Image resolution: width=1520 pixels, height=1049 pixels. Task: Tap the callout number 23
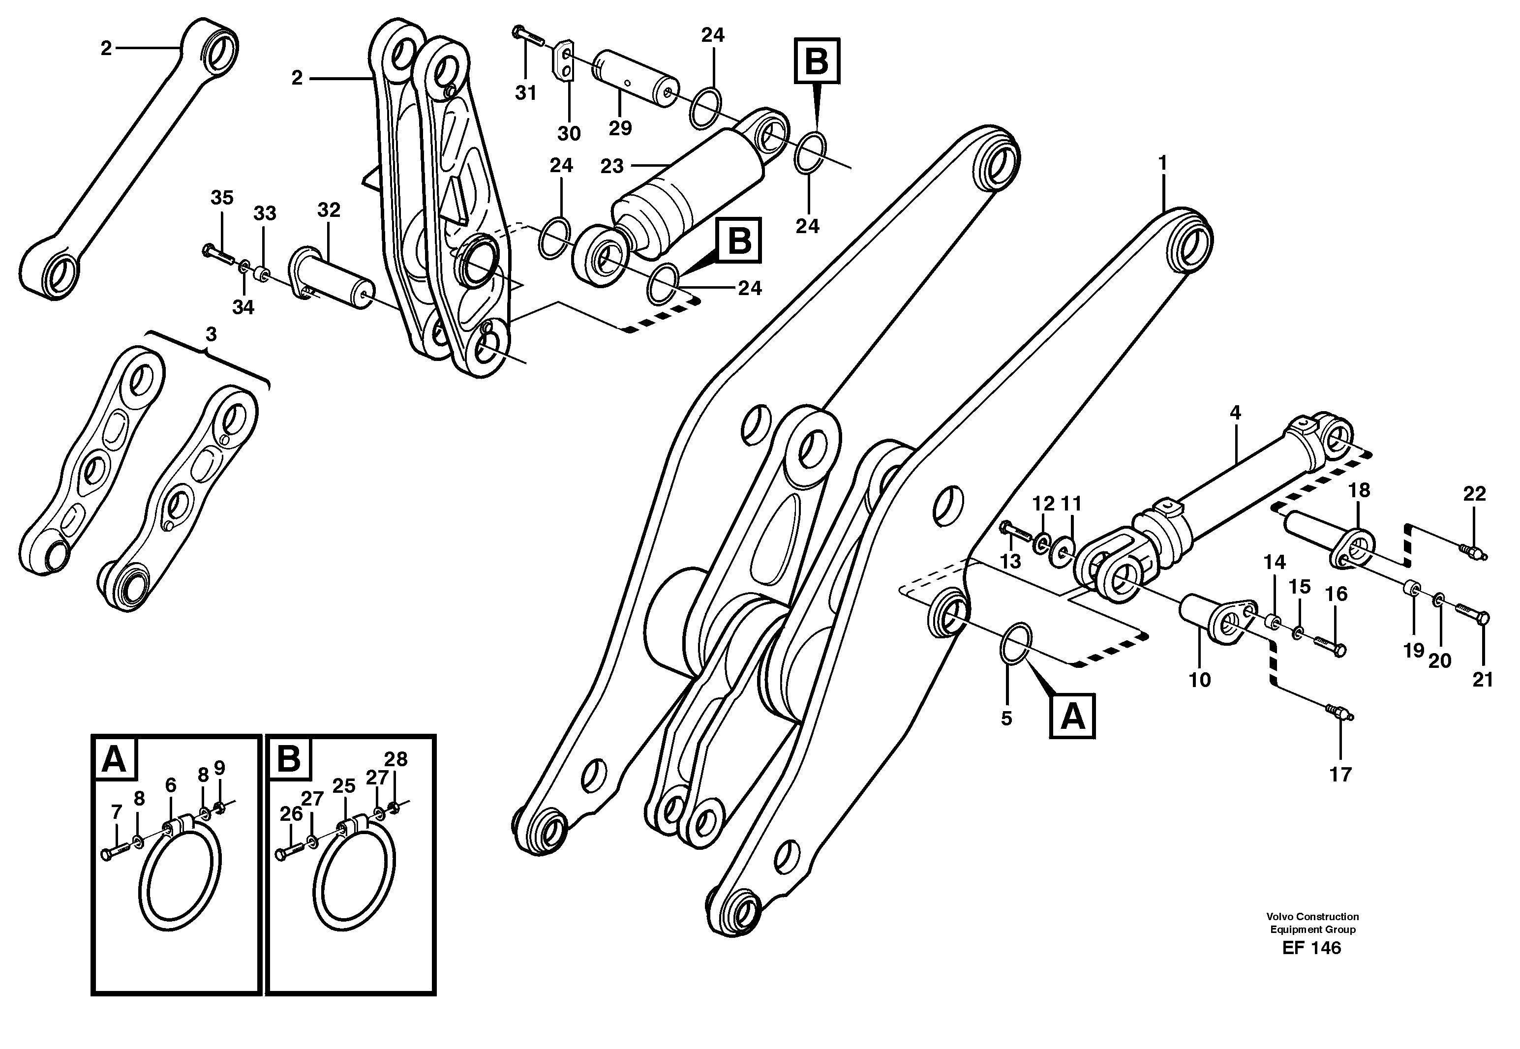click(611, 166)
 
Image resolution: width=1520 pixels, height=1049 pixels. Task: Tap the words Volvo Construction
click(1313, 916)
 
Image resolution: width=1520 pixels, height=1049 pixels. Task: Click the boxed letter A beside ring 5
click(1073, 717)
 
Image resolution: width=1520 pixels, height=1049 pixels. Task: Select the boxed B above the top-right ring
click(817, 61)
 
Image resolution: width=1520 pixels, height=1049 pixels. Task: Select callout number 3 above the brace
click(211, 334)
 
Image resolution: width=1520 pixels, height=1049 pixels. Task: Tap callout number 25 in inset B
click(344, 785)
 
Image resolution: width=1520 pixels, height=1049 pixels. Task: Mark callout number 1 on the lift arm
click(1162, 162)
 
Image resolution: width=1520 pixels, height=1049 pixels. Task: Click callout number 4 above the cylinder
click(1235, 413)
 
